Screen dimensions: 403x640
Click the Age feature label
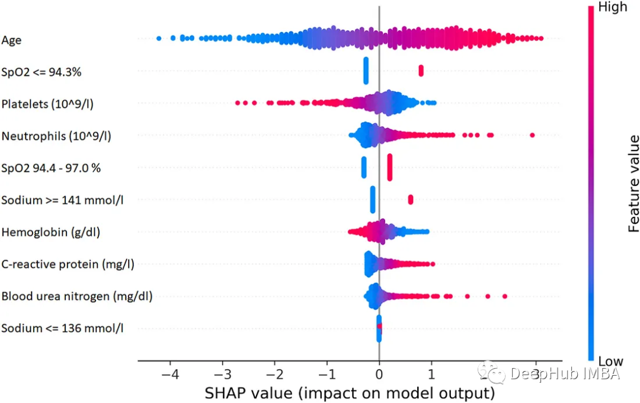(12, 40)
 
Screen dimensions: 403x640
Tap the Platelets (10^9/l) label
(47, 104)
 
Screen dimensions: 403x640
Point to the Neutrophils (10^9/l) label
(56, 136)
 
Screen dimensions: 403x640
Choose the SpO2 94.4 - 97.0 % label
(51, 168)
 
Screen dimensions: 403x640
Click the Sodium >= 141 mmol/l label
(62, 200)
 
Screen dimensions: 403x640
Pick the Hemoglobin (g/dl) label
(50, 232)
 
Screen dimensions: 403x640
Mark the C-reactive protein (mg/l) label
(68, 264)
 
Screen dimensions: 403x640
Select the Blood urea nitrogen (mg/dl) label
(77, 296)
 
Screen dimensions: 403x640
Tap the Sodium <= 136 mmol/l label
(62, 328)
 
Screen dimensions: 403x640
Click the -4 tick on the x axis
(170, 375)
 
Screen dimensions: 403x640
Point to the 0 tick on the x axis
(379, 375)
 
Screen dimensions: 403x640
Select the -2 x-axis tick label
(274, 375)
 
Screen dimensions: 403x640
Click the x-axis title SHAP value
(350, 392)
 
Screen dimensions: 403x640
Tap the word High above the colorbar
(613, 8)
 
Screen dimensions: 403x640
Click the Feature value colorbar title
(633, 184)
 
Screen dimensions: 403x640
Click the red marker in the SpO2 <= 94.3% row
(421, 71)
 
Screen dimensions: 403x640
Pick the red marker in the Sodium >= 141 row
(411, 199)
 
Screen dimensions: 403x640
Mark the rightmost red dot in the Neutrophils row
(532, 136)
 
